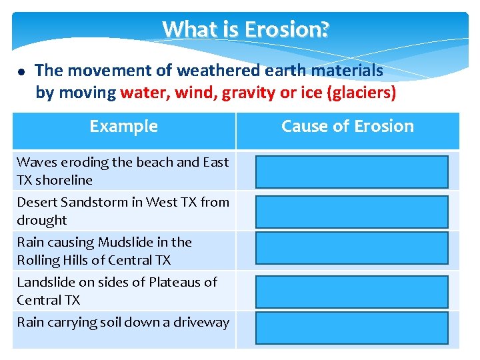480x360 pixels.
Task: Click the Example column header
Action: coord(124,127)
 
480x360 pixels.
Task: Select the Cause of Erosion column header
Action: coord(347,127)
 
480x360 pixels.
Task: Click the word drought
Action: coord(42,220)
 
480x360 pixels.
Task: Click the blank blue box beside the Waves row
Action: coord(351,172)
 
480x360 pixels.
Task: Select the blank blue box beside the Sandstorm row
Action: coord(351,212)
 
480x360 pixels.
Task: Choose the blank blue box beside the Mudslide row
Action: coord(351,248)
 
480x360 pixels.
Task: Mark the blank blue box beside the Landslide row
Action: coord(351,292)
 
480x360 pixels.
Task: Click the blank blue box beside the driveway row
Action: coord(351,328)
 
